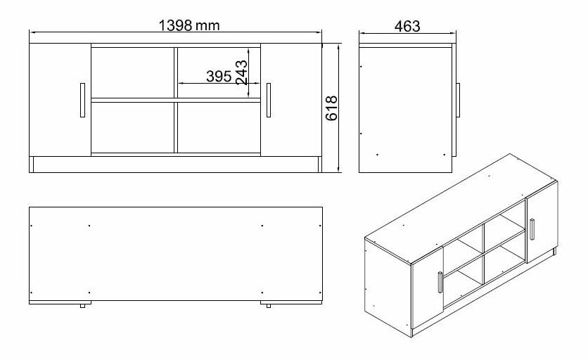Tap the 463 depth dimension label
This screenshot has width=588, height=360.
(x=407, y=26)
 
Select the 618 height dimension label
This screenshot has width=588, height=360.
(x=333, y=108)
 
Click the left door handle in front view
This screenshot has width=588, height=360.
(x=82, y=101)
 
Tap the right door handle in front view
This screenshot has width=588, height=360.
(x=269, y=101)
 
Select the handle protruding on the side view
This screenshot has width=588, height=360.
(x=457, y=100)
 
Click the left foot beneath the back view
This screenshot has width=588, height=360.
(x=84, y=306)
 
